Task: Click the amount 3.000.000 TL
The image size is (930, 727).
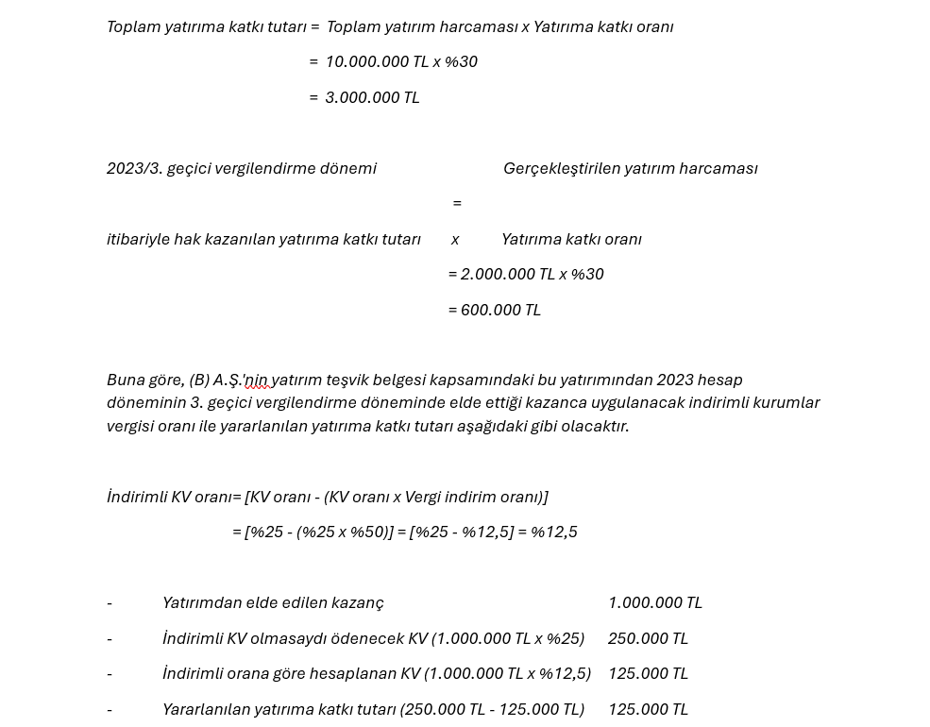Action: pos(372,97)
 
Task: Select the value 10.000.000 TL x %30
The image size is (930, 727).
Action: pos(401,61)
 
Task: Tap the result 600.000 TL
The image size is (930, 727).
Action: pos(500,310)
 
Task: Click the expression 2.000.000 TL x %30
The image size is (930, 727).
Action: pos(532,274)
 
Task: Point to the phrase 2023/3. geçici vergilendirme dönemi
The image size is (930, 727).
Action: pos(242,168)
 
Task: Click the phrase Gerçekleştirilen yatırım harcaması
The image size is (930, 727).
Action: pos(630,168)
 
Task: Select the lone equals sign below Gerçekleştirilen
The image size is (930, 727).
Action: pos(457,203)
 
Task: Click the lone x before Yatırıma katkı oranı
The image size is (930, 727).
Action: pos(455,239)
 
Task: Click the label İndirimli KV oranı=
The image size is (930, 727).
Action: pos(174,497)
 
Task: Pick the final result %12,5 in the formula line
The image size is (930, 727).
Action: pos(554,532)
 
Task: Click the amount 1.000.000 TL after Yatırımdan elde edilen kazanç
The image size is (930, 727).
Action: pos(654,602)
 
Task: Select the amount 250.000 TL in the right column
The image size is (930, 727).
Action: pos(648,638)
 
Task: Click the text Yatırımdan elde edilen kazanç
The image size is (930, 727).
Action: pos(273,602)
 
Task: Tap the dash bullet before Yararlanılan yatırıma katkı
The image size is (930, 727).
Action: pos(110,709)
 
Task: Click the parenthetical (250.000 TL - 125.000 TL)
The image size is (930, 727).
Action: pos(492,709)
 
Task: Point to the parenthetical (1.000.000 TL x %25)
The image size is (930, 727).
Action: pos(508,638)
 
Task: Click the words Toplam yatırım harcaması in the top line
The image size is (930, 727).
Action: pos(421,26)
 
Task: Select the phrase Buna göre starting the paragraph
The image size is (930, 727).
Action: pos(144,380)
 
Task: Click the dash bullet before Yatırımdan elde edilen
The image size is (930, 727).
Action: pos(110,602)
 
